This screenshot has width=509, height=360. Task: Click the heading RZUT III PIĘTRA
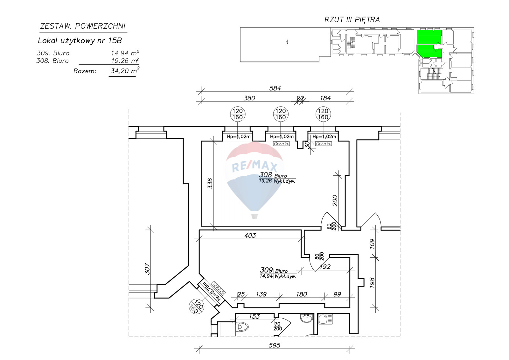click(x=352, y=20)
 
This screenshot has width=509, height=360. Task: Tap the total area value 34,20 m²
click(x=125, y=70)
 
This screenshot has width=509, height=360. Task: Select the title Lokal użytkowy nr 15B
click(x=80, y=41)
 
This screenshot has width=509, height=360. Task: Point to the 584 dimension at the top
click(x=275, y=88)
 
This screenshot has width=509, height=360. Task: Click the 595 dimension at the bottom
click(x=274, y=345)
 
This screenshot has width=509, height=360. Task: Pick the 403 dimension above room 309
click(x=250, y=235)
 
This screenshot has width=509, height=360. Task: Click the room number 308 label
click(x=266, y=175)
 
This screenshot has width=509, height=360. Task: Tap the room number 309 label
click(x=266, y=270)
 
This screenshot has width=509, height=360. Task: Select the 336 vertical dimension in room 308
click(x=210, y=184)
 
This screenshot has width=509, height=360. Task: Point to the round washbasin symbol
click(x=307, y=318)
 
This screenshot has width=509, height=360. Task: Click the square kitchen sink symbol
click(x=325, y=319)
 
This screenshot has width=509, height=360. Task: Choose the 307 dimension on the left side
click(x=148, y=269)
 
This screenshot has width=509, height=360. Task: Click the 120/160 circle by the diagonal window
click(x=196, y=307)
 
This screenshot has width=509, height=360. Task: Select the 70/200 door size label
click(x=278, y=326)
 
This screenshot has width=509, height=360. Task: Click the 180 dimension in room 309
click(x=302, y=294)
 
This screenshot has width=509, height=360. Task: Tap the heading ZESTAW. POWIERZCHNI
click(x=83, y=26)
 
